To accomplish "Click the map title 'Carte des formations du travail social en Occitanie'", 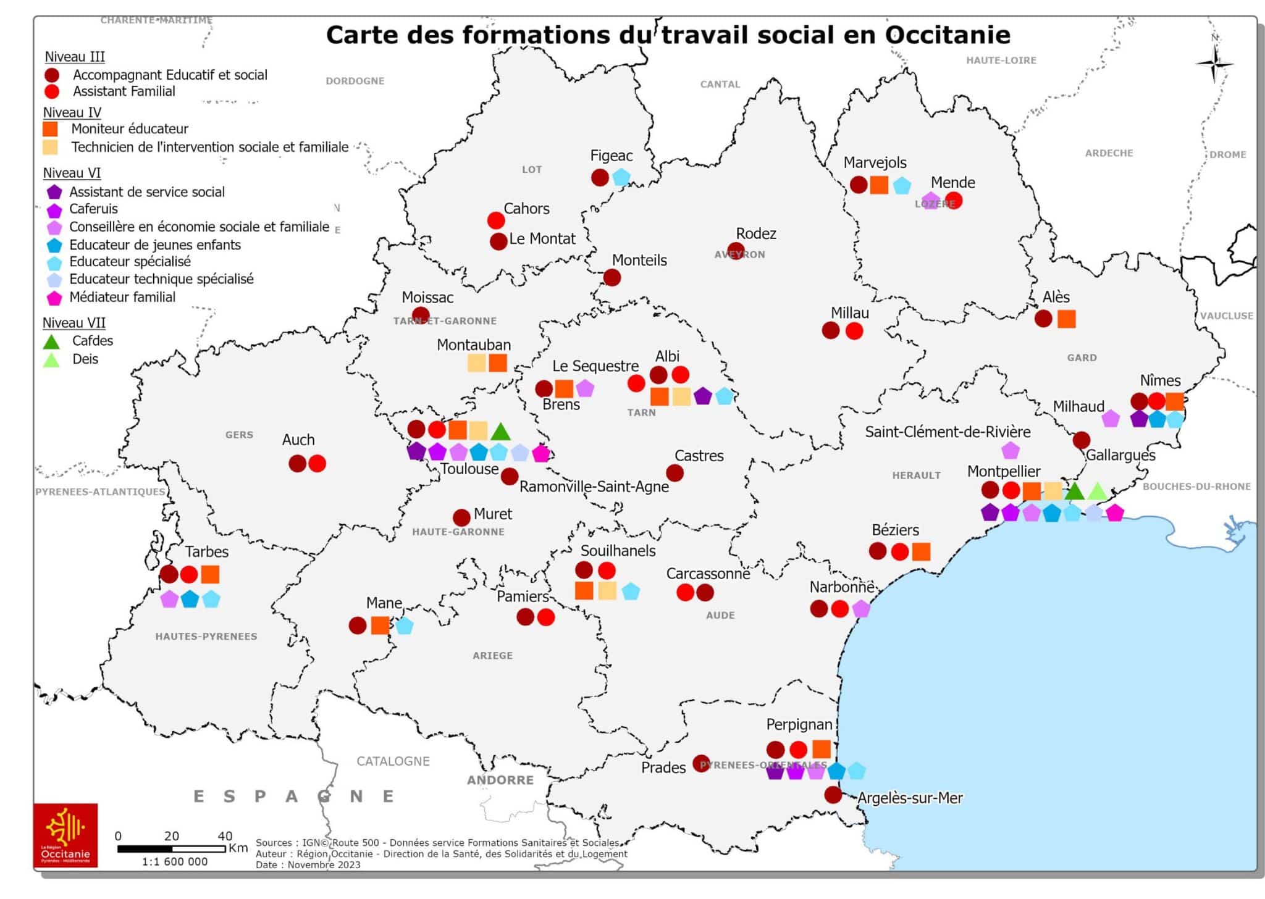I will click(668, 35).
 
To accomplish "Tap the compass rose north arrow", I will click(1214, 63).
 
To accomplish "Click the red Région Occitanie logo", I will click(65, 835).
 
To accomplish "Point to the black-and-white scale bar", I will click(171, 849).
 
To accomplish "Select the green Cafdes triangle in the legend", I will click(51, 341).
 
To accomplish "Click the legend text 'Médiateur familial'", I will click(122, 297).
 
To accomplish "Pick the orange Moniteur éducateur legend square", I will click(50, 129).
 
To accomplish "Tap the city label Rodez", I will click(755, 233).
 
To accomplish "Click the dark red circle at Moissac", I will click(420, 315).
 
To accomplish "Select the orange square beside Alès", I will click(1066, 319).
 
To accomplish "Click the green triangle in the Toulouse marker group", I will click(500, 431).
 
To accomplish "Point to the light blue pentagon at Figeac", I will click(621, 178).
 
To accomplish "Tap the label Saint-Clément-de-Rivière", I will click(947, 432).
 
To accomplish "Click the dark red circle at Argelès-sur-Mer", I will click(833, 795).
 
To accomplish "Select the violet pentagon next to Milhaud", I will click(1110, 419).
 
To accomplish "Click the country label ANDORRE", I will click(500, 780).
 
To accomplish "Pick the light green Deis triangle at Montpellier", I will click(1096, 491).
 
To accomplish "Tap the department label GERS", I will click(239, 435).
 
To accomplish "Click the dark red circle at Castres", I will click(675, 473).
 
